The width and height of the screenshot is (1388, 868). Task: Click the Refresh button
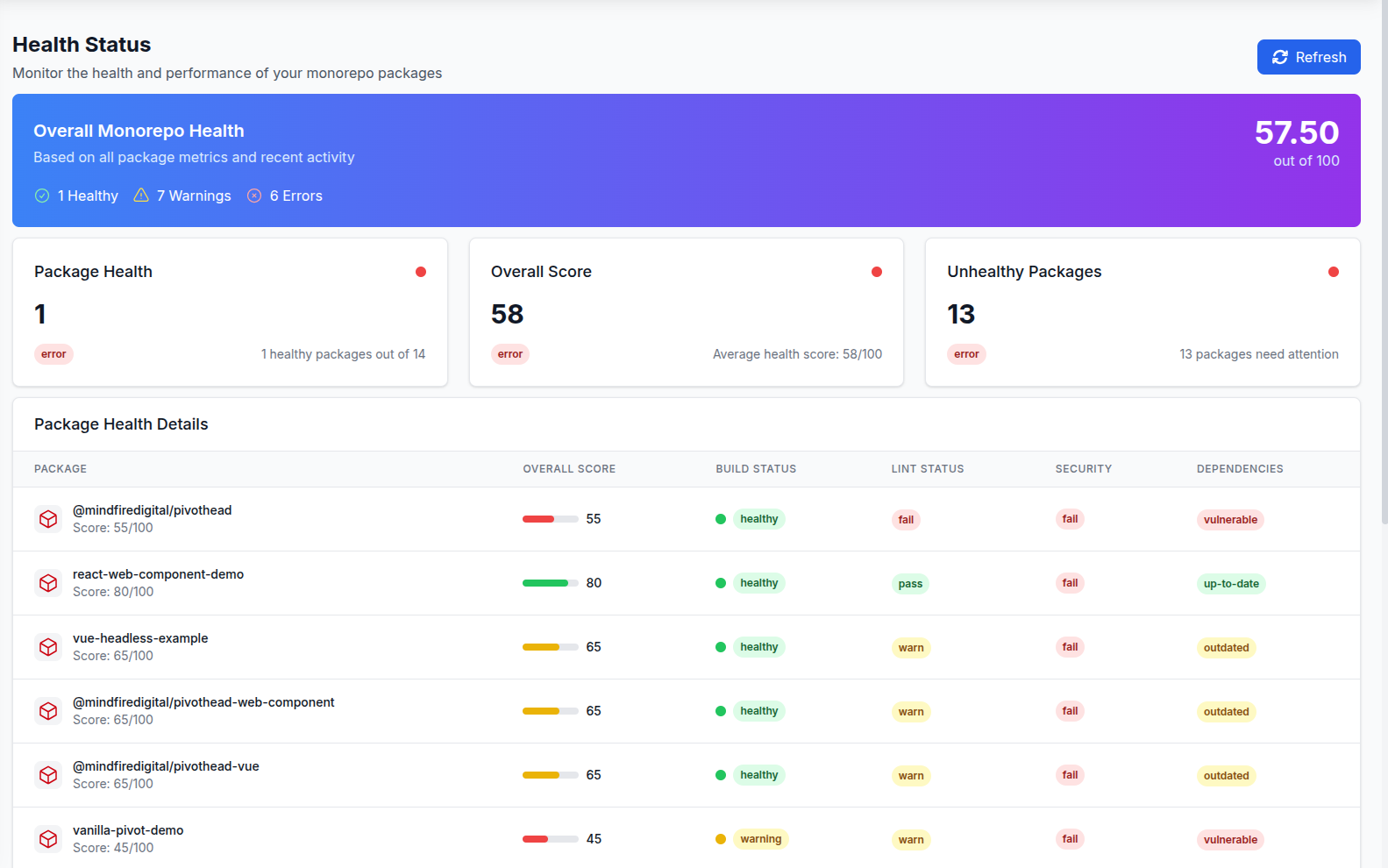(1308, 57)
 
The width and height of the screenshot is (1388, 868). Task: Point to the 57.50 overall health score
(1296, 133)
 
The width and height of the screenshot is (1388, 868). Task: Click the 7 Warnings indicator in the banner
(182, 196)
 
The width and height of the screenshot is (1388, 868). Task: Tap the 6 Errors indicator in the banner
(285, 196)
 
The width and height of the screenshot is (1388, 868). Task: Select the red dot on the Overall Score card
(876, 272)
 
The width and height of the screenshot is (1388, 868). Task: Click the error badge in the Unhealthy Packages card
(966, 354)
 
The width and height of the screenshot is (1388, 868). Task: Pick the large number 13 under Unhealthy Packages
(961, 314)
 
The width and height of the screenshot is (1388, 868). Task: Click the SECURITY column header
(1083, 469)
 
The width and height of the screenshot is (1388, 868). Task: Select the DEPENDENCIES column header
(1239, 469)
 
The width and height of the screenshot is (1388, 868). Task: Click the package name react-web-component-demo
(158, 574)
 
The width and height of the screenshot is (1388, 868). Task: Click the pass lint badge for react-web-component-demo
(910, 584)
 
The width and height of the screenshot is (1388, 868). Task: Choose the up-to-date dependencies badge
(1231, 584)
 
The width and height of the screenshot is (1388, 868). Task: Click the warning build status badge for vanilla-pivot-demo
(760, 839)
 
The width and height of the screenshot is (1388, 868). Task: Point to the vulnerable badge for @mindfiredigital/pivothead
(1230, 520)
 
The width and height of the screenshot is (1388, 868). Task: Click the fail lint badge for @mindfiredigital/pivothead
(906, 520)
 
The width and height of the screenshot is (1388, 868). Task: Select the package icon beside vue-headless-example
(48, 647)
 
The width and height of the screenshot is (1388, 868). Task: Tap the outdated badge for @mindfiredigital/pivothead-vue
(1226, 776)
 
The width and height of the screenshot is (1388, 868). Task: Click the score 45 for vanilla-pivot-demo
(594, 839)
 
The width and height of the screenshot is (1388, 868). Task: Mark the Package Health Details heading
(121, 424)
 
